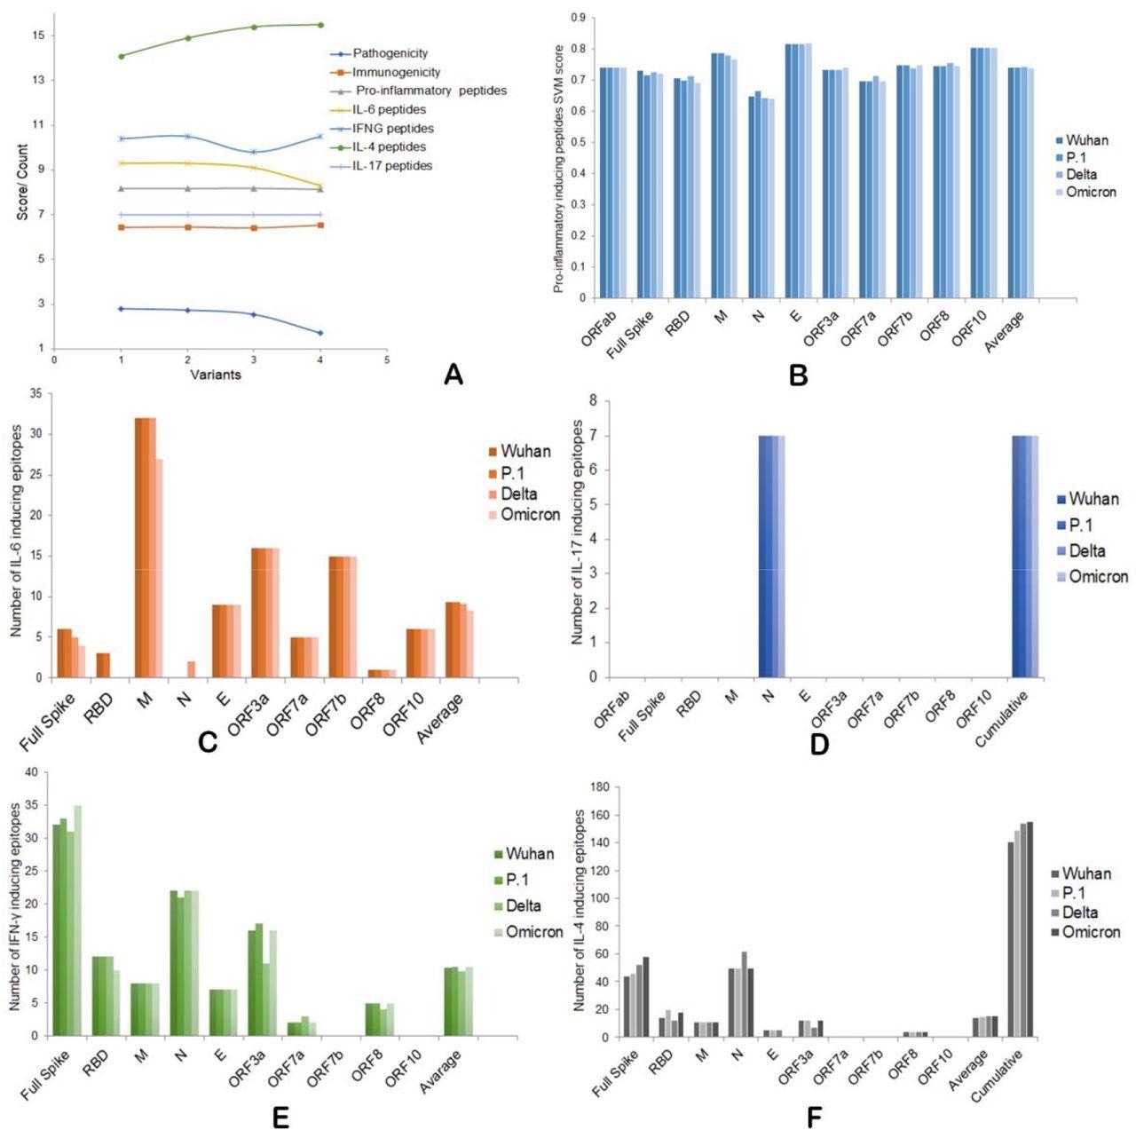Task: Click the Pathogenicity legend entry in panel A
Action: pos(390,53)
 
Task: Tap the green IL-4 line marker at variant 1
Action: pos(121,56)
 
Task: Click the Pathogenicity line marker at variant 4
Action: pos(320,333)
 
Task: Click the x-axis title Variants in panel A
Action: pos(215,375)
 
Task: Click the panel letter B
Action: pos(798,375)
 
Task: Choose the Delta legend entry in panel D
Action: pos(1087,551)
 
